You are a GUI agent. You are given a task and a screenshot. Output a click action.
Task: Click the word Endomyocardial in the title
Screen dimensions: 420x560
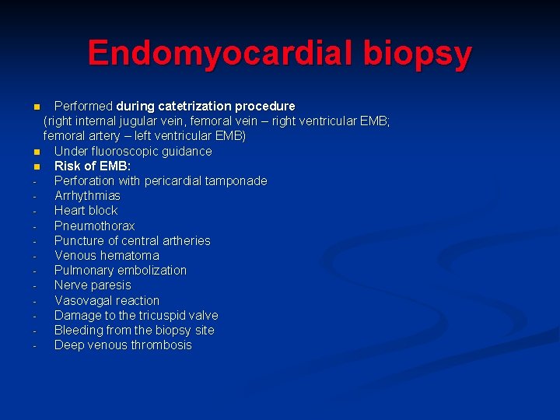pos(203,53)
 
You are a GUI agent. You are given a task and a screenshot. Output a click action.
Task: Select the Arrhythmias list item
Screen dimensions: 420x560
pos(87,196)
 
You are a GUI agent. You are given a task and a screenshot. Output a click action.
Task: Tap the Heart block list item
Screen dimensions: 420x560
pos(86,211)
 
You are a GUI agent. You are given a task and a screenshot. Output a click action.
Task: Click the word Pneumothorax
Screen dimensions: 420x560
pos(94,226)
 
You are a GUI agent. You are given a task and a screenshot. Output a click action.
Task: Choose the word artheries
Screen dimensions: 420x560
pos(184,241)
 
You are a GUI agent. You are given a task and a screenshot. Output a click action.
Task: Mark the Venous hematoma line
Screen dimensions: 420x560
pos(107,256)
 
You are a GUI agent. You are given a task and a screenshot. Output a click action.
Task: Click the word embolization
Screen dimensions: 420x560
pos(153,271)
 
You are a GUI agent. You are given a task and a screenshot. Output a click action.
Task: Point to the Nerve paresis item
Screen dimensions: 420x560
pos(93,285)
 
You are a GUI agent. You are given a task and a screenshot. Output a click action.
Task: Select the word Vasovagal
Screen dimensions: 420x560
pos(82,300)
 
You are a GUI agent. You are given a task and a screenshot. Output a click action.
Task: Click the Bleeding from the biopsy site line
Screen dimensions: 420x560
pos(134,331)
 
